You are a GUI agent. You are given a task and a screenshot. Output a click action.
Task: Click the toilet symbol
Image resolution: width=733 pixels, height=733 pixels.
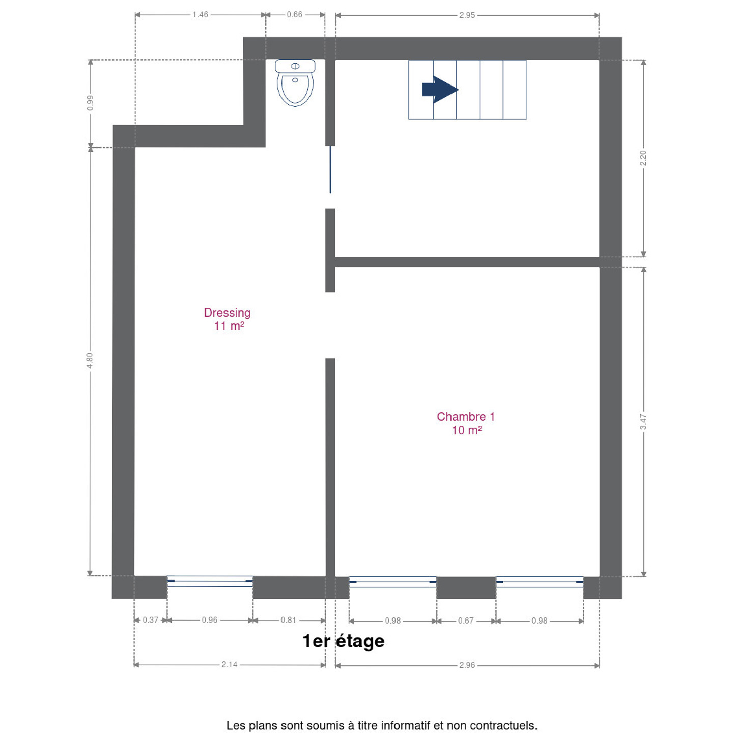295,82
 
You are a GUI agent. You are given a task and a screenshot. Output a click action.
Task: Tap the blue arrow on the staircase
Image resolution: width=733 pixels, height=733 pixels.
440,90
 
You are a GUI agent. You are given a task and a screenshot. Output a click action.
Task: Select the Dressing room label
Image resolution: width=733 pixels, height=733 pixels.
228,319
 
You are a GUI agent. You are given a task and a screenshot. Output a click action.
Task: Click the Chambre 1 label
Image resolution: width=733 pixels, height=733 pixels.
466,423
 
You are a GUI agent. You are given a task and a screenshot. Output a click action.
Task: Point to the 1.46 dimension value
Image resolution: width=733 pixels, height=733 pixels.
200,15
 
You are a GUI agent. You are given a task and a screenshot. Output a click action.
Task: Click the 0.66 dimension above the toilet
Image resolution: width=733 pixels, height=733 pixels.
294,15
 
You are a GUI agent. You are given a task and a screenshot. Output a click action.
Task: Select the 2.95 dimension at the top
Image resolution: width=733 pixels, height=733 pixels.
467,15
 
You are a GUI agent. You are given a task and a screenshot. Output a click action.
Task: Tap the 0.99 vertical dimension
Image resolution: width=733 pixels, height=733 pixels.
90,103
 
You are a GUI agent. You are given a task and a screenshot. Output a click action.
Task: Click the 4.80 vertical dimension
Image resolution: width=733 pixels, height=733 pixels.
90,360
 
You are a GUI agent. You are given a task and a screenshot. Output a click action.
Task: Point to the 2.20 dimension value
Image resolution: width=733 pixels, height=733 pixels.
643,158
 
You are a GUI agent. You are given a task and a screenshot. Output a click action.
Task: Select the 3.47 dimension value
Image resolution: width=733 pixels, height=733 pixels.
643,422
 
